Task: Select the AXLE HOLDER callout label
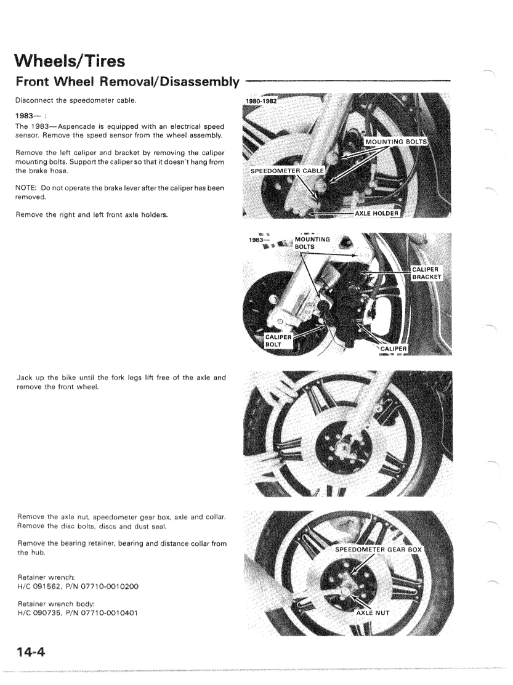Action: (x=377, y=213)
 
